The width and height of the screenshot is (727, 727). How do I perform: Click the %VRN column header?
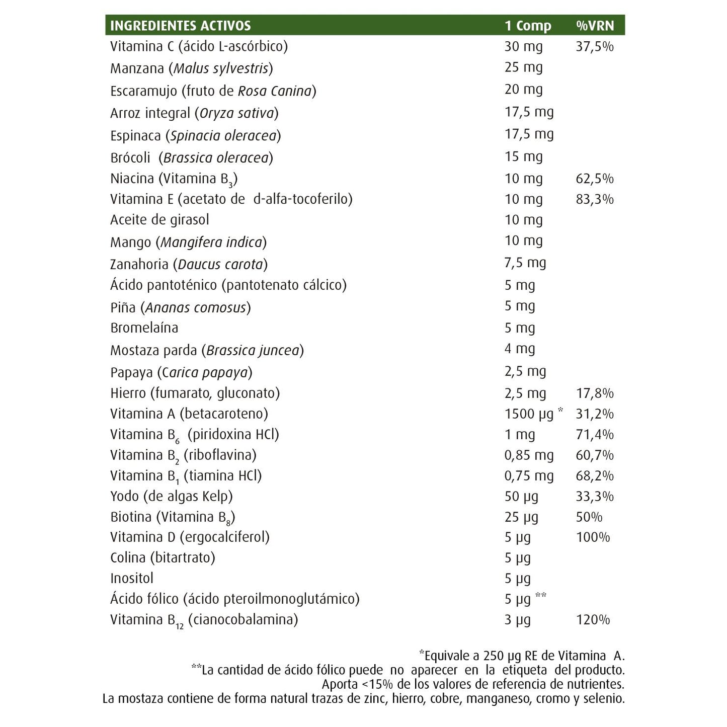595,26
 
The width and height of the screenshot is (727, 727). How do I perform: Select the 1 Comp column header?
528,26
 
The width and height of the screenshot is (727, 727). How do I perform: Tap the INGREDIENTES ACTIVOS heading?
180,26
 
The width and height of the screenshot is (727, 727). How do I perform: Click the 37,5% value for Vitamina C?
595,47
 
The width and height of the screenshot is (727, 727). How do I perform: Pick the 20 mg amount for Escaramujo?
523,90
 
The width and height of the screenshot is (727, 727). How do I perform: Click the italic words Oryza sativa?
237,113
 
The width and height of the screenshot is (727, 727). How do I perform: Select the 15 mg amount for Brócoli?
523,157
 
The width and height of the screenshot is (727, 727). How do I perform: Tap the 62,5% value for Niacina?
595,179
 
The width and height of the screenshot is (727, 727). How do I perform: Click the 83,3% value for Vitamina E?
595,199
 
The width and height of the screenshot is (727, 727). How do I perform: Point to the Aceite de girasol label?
159,220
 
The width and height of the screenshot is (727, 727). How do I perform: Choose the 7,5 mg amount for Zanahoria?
525,263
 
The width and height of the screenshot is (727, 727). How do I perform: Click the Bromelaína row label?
144,328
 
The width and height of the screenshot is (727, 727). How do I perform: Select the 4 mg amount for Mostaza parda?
520,349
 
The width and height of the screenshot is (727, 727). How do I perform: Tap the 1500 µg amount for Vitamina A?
529,414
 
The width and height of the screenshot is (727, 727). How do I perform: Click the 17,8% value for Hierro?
595,393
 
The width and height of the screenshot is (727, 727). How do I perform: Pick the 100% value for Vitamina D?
593,537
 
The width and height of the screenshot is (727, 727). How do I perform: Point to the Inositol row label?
132,579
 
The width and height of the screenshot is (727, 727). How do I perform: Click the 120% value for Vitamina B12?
593,620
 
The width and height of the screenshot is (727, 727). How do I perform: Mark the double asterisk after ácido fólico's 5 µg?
541,596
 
